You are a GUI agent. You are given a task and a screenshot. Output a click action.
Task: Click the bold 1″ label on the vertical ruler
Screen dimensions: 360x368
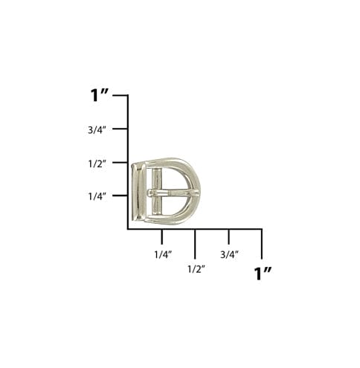100,95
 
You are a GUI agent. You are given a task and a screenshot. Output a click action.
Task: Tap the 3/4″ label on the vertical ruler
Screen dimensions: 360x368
97,129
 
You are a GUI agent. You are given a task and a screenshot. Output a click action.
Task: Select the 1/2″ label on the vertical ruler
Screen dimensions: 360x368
97,164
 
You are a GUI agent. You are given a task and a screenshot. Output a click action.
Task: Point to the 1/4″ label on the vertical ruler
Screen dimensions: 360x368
97,196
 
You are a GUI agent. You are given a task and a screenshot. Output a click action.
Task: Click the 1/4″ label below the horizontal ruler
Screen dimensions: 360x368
163,254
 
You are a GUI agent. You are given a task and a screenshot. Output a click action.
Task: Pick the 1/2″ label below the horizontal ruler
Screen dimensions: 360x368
196,269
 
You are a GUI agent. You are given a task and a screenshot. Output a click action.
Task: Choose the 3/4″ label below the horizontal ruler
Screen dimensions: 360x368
230,254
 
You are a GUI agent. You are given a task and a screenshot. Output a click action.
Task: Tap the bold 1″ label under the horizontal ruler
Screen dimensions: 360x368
263,274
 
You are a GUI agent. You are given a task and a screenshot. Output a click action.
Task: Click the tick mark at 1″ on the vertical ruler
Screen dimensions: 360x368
120,95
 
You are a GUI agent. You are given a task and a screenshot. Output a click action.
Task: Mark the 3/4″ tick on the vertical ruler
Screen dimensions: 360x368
120,129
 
